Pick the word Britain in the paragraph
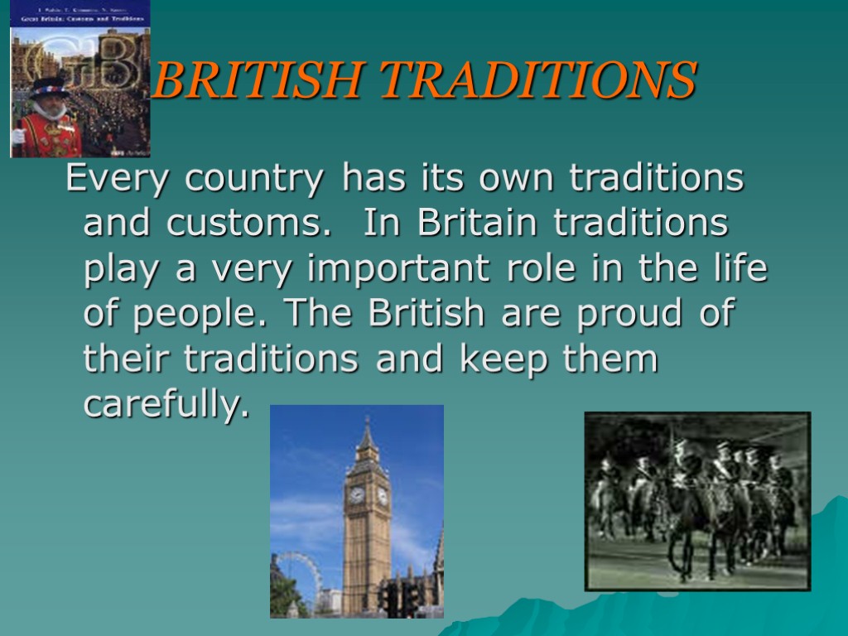tap(479, 223)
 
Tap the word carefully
tap(166, 406)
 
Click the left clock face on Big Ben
tap(357, 495)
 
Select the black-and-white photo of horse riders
tap(697, 501)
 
